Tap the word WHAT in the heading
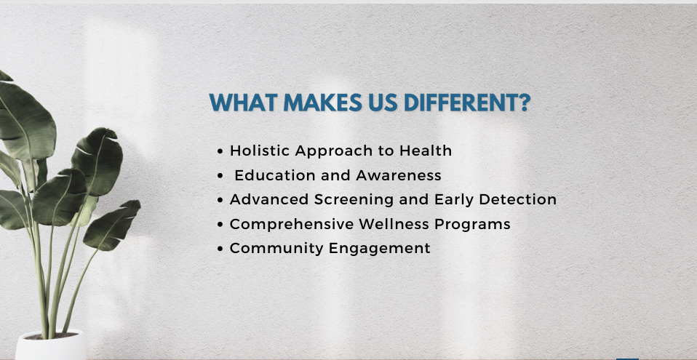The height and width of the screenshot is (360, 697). pyautogui.click(x=243, y=103)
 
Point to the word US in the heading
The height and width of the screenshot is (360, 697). pyautogui.click(x=383, y=103)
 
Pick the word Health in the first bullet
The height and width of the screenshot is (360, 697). pyautogui.click(x=426, y=151)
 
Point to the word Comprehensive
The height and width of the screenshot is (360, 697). pyautogui.click(x=292, y=224)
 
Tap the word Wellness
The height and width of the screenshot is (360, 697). pyautogui.click(x=394, y=224)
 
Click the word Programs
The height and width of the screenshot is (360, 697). pyautogui.click(x=472, y=224)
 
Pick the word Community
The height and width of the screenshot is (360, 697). pyautogui.click(x=277, y=248)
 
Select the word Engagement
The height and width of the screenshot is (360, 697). pyautogui.click(x=380, y=248)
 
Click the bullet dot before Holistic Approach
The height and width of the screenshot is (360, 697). pyautogui.click(x=220, y=151)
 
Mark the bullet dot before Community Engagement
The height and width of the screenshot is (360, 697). pyautogui.click(x=220, y=249)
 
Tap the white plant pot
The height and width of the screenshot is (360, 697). pyautogui.click(x=51, y=345)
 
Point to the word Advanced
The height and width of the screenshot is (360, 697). pyautogui.click(x=270, y=199)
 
